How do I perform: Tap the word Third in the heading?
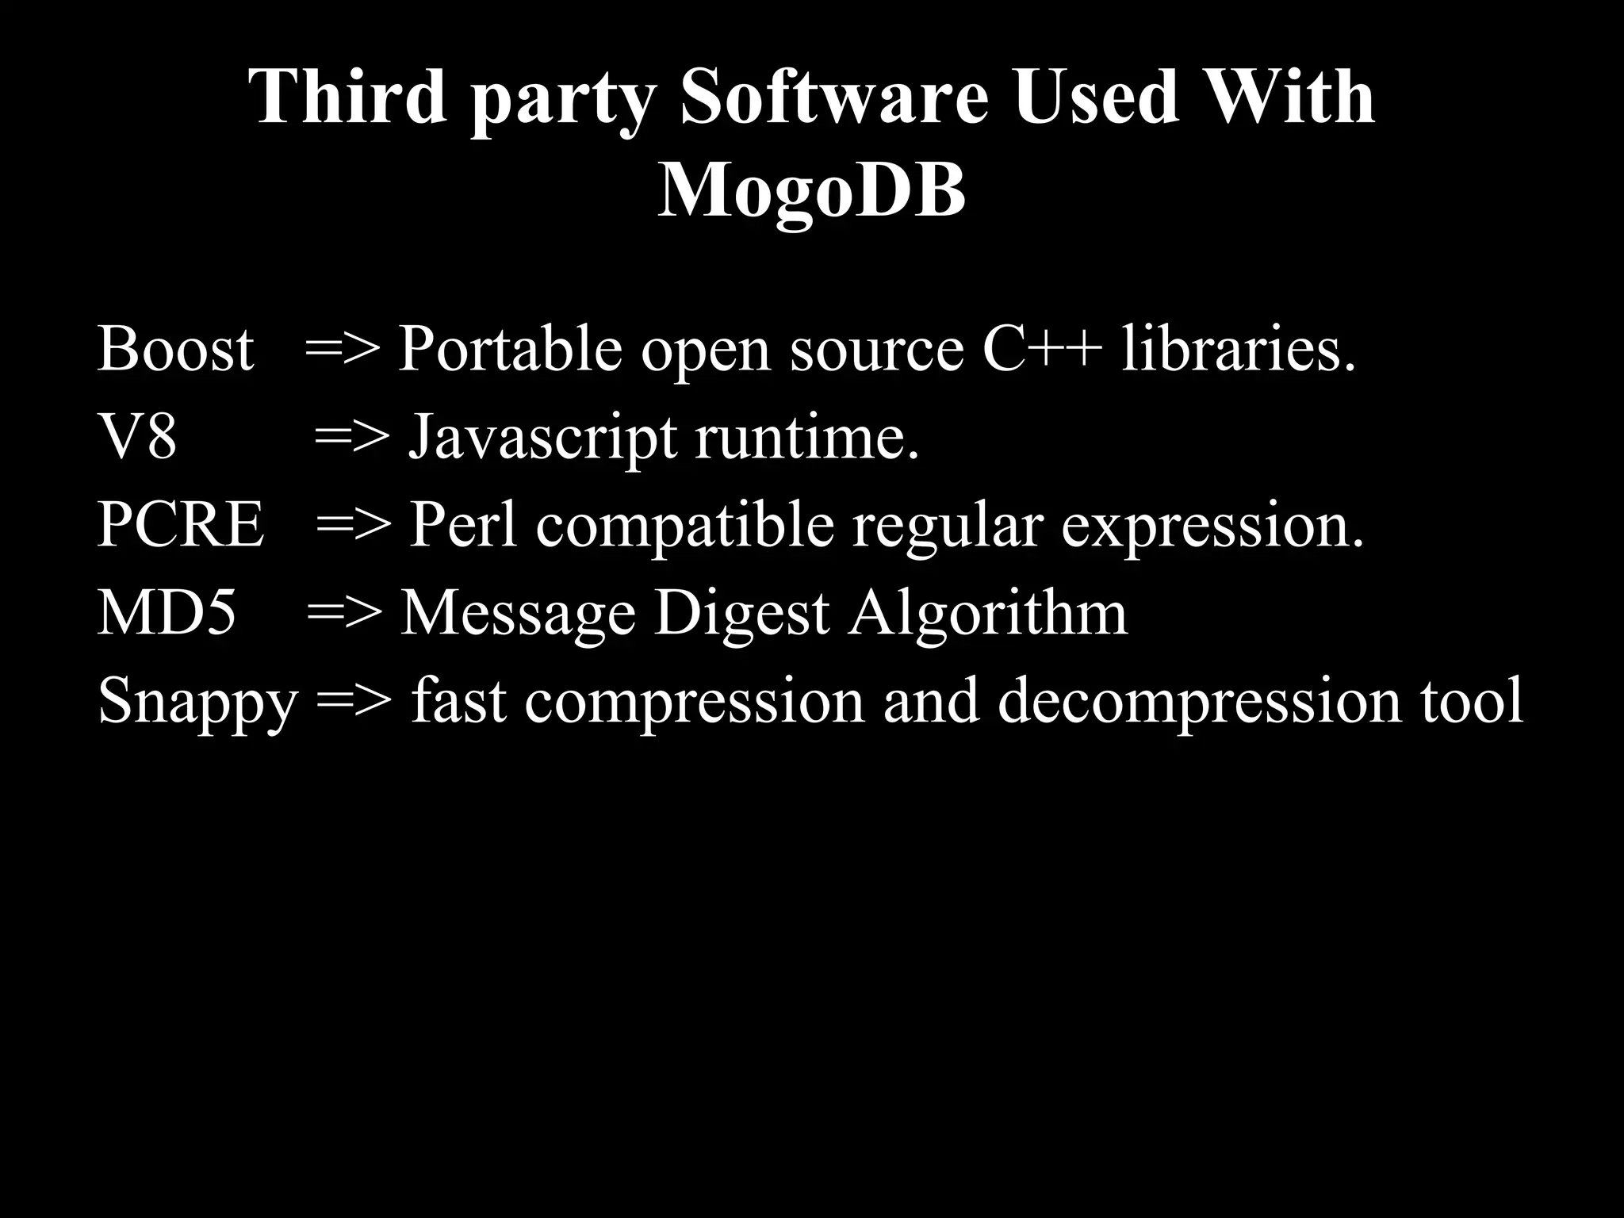[x=348, y=97]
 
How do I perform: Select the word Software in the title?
[x=834, y=97]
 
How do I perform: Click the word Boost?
[x=175, y=349]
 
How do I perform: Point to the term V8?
[x=136, y=437]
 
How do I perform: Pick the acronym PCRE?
[x=180, y=525]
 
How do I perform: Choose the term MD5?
[x=167, y=613]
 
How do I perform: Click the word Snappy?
[x=197, y=703]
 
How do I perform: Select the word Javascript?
[x=542, y=439]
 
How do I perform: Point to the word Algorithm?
[x=987, y=615]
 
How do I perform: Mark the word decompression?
[x=1199, y=703]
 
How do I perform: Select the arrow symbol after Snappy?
[x=354, y=703]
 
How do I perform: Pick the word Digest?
[x=741, y=615]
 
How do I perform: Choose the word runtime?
[x=807, y=439]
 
